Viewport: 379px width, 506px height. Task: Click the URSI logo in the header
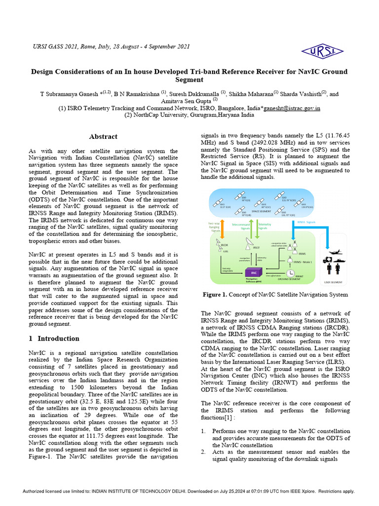pos(323,50)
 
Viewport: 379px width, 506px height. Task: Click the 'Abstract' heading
pos(103,136)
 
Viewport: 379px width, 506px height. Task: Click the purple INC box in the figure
pos(254,272)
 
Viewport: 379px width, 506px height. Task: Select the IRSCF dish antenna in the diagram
pos(249,242)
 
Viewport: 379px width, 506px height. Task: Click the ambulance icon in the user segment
pos(326,259)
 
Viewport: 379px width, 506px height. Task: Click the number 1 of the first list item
pos(203,431)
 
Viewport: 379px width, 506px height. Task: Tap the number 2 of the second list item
pos(203,452)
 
